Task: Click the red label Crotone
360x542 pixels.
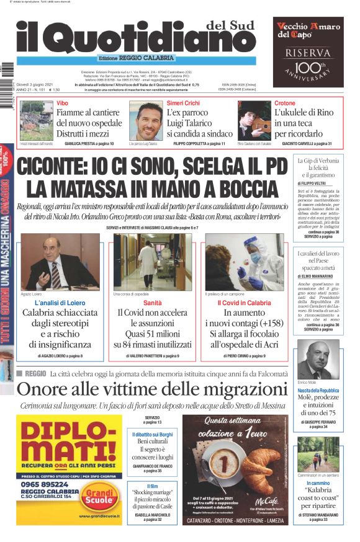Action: tap(285, 102)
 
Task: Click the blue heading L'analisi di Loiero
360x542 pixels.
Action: tap(60, 303)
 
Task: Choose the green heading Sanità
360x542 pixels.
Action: tap(153, 303)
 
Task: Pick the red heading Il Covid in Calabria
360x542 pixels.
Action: tap(244, 303)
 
